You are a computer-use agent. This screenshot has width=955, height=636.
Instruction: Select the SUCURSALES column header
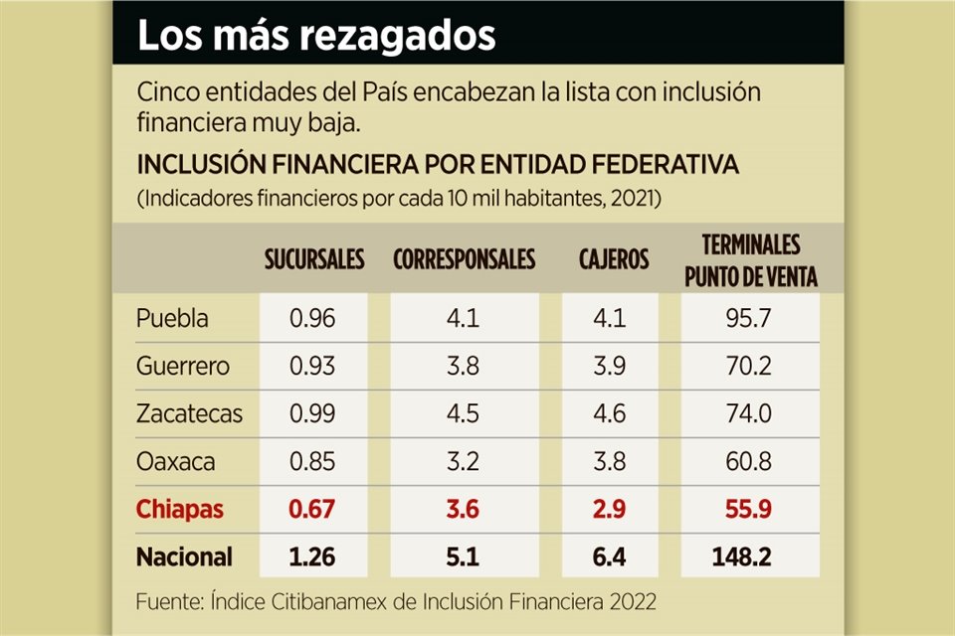point(314,260)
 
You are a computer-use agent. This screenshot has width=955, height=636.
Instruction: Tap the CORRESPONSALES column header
point(464,260)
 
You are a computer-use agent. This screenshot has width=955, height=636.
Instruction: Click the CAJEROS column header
point(614,260)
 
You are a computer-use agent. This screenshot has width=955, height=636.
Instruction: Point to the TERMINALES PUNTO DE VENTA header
point(751,260)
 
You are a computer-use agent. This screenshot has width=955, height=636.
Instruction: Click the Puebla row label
point(172,319)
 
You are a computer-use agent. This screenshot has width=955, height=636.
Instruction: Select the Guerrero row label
point(183,367)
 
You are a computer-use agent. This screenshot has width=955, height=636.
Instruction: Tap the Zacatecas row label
point(189,414)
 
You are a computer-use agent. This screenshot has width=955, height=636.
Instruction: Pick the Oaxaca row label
point(175,462)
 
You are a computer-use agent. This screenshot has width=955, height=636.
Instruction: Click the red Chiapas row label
point(180,510)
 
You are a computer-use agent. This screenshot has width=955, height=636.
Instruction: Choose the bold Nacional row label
point(184,556)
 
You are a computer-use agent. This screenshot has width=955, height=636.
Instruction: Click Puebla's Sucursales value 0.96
point(312,319)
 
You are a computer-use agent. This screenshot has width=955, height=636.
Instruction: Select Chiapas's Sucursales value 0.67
point(312,510)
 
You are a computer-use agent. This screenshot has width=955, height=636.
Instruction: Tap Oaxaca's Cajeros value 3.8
point(613,462)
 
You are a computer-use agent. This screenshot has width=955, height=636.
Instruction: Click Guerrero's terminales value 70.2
point(751,367)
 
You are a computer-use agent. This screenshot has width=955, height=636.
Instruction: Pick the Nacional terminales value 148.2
point(751,556)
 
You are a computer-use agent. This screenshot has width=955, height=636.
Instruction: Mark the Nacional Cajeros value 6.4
point(613,556)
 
